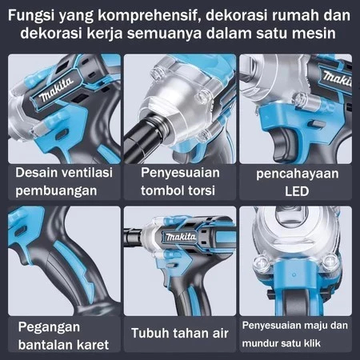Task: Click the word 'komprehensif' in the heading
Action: pos(149,16)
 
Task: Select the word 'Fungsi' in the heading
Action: pos(31,16)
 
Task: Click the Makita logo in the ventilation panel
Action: pos(57,90)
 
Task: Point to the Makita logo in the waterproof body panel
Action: pos(181,237)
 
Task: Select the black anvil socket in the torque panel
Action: pos(142,137)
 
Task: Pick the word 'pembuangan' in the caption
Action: pos(56,191)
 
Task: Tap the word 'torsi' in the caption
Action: pos(202,190)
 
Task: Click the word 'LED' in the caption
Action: pos(297,191)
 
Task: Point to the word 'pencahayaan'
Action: pos(298,174)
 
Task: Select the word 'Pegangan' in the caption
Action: pos(49,327)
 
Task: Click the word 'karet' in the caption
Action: pos(93,345)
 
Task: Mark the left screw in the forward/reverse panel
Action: pos(262,262)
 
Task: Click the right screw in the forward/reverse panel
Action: pos(330,262)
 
